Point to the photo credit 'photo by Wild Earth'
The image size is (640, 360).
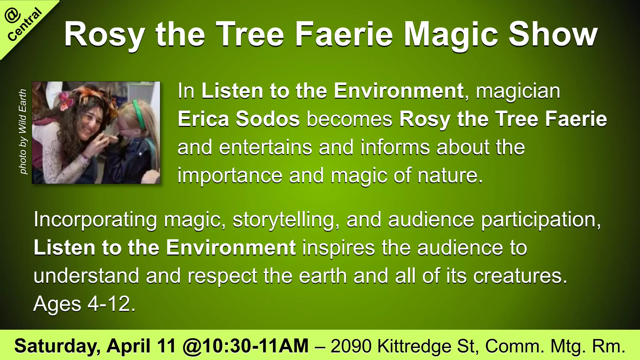[23, 131]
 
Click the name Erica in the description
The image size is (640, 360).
[203, 119]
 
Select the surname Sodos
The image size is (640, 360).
[268, 119]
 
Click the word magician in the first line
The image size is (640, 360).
[518, 91]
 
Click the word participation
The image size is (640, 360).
[541, 220]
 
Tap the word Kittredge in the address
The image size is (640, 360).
[414, 346]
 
